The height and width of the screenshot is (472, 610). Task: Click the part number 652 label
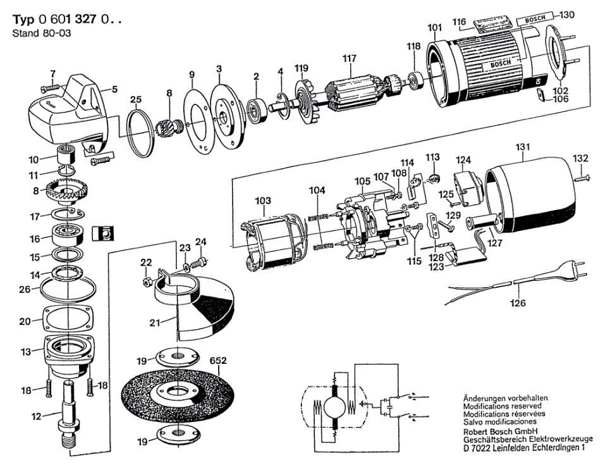(218, 361)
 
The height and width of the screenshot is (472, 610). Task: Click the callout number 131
(523, 146)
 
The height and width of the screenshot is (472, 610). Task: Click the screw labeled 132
(583, 178)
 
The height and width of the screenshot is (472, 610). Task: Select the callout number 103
(263, 201)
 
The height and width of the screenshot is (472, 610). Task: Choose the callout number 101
(434, 28)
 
